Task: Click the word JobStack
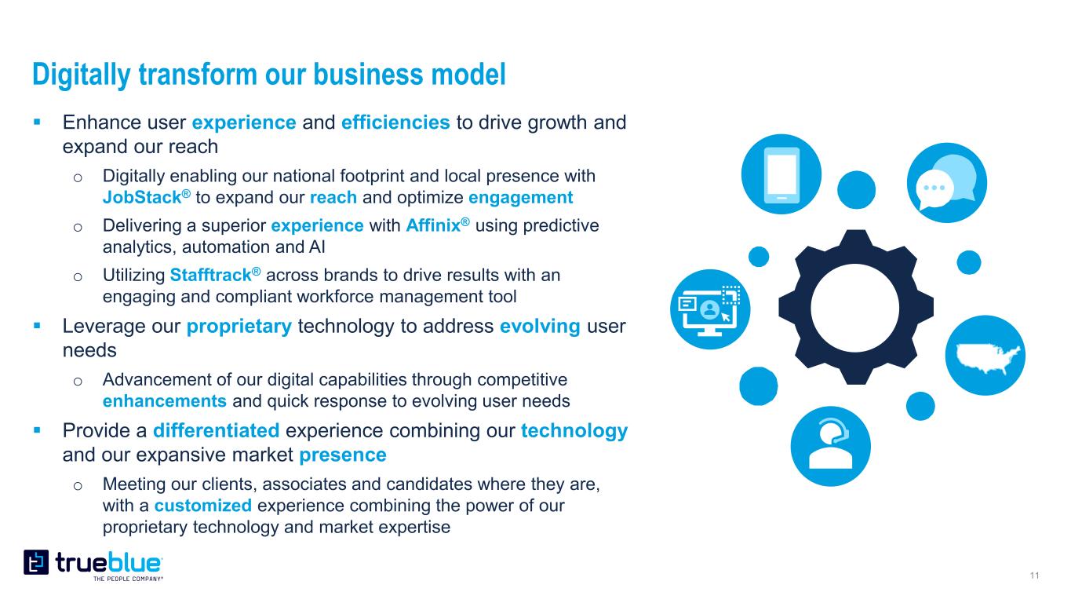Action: (x=142, y=197)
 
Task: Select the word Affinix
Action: (x=432, y=225)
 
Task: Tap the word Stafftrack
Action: (x=210, y=275)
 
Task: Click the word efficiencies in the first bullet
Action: (x=395, y=122)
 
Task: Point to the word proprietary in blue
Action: (x=239, y=327)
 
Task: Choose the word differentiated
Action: (x=216, y=431)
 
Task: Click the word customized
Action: (x=202, y=506)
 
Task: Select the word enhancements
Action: (x=165, y=401)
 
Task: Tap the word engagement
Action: (x=521, y=198)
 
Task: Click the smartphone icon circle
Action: (x=781, y=174)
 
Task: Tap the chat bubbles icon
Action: (x=947, y=183)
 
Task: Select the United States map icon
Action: (x=985, y=355)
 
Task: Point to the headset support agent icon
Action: (x=830, y=446)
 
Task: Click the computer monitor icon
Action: (x=710, y=309)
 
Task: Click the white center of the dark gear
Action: (x=855, y=308)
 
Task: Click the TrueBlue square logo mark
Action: (x=36, y=562)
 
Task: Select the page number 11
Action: (x=1035, y=576)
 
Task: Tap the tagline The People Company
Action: (x=128, y=579)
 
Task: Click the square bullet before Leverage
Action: (x=38, y=326)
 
